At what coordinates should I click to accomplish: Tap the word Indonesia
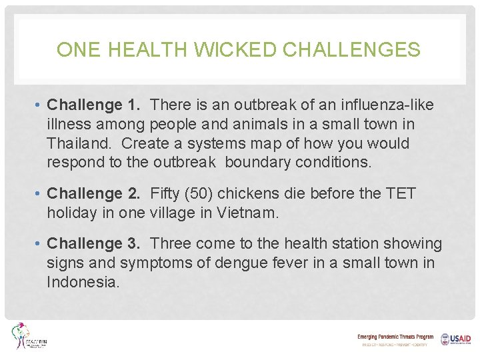[x=83, y=283]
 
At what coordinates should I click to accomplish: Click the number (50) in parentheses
[x=203, y=194]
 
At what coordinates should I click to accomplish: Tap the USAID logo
[x=455, y=339]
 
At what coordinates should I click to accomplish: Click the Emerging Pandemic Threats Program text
[x=395, y=337]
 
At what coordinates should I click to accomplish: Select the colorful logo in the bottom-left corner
[x=30, y=337]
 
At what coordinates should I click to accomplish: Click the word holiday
[x=72, y=213]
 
